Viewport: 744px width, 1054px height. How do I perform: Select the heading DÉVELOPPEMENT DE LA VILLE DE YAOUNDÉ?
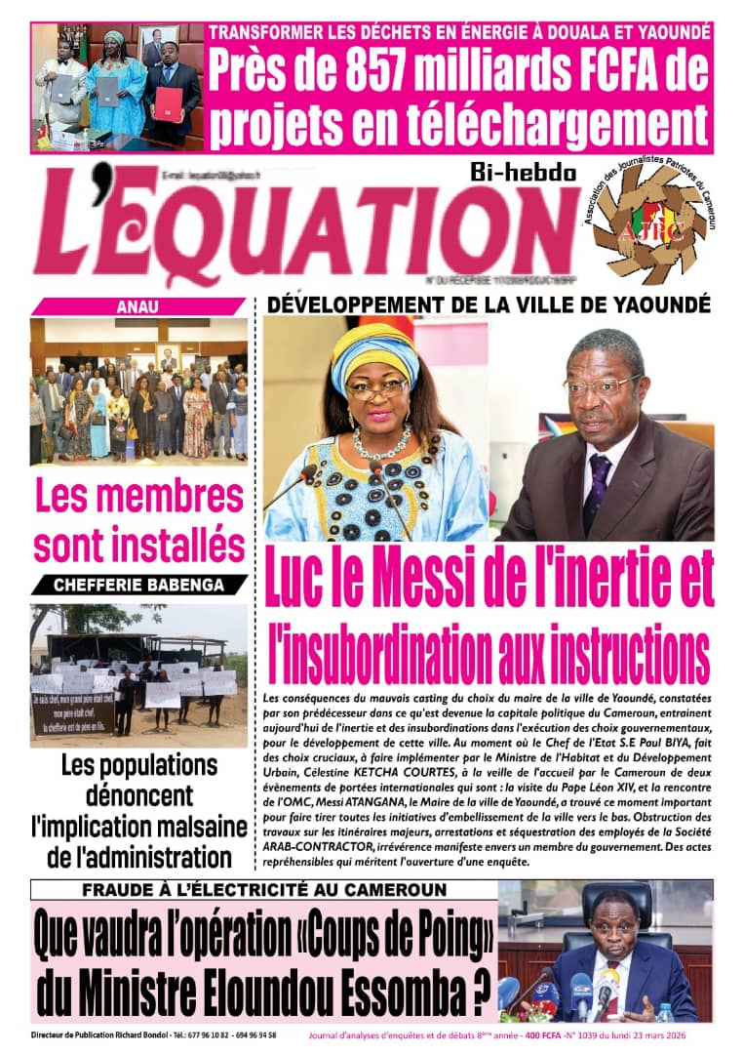pyautogui.click(x=489, y=304)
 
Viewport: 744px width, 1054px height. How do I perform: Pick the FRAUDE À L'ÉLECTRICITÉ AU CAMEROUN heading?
pyautogui.click(x=264, y=890)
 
